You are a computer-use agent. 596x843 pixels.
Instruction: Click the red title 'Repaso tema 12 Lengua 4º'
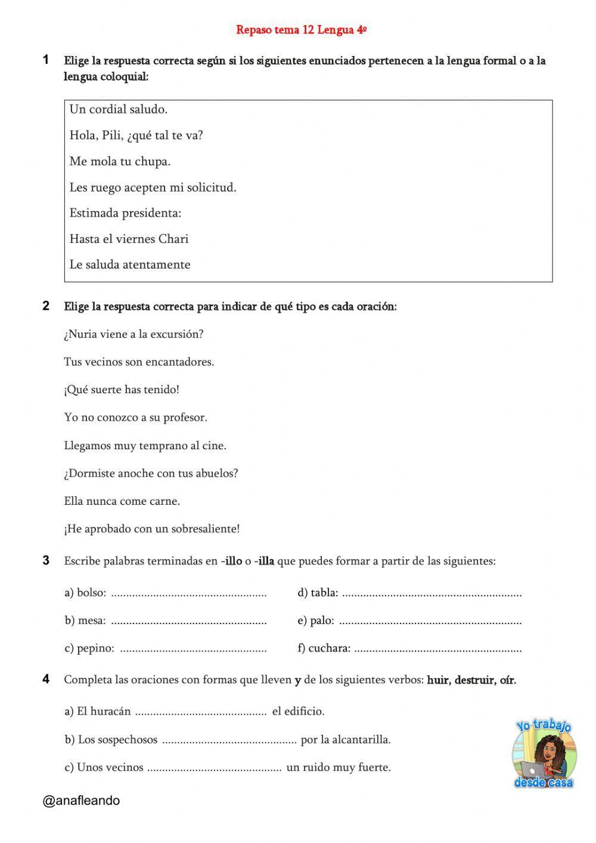pyautogui.click(x=301, y=30)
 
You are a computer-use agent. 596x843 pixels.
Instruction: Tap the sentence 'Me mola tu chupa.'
pyautogui.click(x=120, y=161)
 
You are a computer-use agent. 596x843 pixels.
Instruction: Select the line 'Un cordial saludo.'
pyautogui.click(x=118, y=109)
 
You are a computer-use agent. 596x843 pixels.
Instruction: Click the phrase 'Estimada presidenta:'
pyautogui.click(x=125, y=213)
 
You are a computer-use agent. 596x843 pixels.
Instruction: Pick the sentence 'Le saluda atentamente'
pyautogui.click(x=130, y=265)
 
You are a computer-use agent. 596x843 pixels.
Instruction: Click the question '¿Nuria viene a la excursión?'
pyautogui.click(x=134, y=334)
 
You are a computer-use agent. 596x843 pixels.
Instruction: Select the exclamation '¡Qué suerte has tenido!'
pyautogui.click(x=122, y=390)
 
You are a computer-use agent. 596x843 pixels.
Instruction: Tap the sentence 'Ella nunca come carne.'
pyautogui.click(x=122, y=501)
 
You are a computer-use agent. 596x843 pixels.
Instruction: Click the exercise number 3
pyautogui.click(x=46, y=560)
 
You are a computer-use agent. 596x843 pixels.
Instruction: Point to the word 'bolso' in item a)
pyautogui.click(x=91, y=592)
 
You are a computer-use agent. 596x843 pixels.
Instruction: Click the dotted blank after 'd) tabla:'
pyautogui.click(x=432, y=594)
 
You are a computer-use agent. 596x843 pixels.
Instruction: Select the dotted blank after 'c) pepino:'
pyautogui.click(x=193, y=649)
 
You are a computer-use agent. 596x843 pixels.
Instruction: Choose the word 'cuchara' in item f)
pyautogui.click(x=328, y=649)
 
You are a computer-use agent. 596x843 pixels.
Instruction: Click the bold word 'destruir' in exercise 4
pyautogui.click(x=474, y=680)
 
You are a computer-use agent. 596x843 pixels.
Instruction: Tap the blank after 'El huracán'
pyautogui.click(x=200, y=712)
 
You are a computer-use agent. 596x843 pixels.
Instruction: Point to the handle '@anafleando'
pyautogui.click(x=81, y=801)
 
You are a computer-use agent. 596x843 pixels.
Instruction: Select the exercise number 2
pyautogui.click(x=46, y=306)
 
